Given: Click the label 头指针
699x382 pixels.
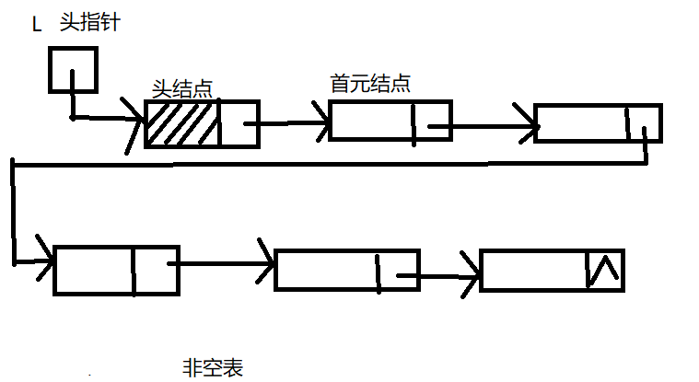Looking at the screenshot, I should [x=90, y=22].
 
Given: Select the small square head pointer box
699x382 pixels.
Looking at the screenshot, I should [x=73, y=69].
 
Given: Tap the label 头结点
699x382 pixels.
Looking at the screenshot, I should [x=182, y=88].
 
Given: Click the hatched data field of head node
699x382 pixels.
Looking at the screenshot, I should [x=182, y=123].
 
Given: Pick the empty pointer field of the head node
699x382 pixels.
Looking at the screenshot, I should [x=239, y=123].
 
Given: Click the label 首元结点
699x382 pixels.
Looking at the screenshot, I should [x=370, y=83].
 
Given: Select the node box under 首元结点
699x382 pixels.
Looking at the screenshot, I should [x=390, y=121].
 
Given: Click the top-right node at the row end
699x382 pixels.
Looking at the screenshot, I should [x=598, y=123].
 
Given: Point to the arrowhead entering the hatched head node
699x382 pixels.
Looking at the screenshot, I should [x=136, y=122].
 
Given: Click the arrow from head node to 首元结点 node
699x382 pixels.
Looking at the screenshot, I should [x=293, y=121].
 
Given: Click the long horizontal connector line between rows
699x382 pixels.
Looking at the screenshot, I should [x=322, y=163].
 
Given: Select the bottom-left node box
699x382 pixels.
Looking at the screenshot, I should [x=116, y=270].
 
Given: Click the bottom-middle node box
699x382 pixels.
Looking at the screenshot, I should [x=347, y=269].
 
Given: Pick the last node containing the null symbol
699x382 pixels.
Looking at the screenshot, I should [x=552, y=270].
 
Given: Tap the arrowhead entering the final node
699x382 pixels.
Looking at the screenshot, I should [x=472, y=270].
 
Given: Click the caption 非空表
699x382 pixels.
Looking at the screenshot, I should [x=214, y=368].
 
